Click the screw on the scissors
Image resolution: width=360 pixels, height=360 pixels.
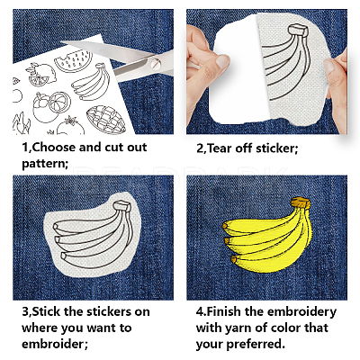[156, 63]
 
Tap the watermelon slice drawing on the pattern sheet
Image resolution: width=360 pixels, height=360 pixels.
[73, 60]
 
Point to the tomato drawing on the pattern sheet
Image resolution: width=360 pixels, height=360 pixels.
[71, 126]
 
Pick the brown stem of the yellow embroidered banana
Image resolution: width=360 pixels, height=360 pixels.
[301, 202]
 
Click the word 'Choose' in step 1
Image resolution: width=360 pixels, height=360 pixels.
[53, 148]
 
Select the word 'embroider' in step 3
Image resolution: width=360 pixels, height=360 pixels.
[52, 344]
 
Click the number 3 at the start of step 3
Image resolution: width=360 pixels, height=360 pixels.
[25, 312]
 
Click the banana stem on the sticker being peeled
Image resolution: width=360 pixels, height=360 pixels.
[298, 31]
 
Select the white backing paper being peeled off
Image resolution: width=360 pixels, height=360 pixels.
[236, 70]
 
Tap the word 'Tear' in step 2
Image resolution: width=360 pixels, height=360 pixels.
[220, 148]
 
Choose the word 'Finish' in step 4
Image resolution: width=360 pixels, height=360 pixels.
[223, 312]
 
